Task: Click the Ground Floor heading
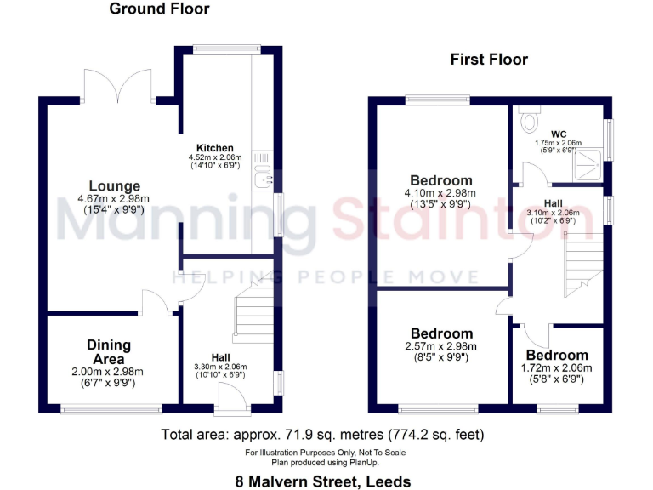(x=159, y=9)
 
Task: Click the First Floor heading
(x=489, y=60)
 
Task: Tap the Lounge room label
(x=116, y=186)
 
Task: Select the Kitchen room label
(x=214, y=148)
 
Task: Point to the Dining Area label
(x=109, y=351)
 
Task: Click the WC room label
(x=559, y=134)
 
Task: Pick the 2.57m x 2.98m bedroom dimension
(x=441, y=346)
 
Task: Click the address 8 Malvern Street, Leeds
(x=323, y=481)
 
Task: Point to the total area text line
(x=323, y=435)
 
